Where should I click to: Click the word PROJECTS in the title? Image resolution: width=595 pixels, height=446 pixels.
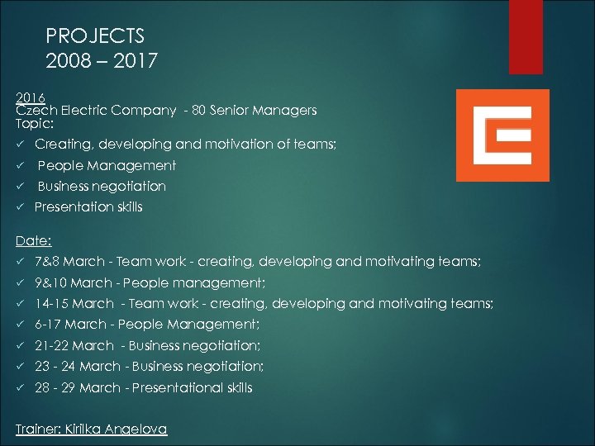(x=96, y=36)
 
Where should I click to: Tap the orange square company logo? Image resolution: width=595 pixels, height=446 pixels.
(x=502, y=135)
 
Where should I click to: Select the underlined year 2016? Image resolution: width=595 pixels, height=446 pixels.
(x=30, y=96)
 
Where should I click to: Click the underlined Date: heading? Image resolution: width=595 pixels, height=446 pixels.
(x=34, y=241)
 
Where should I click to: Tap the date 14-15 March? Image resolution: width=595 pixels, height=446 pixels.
(x=74, y=304)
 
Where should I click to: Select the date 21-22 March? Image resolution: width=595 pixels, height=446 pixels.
(x=74, y=346)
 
